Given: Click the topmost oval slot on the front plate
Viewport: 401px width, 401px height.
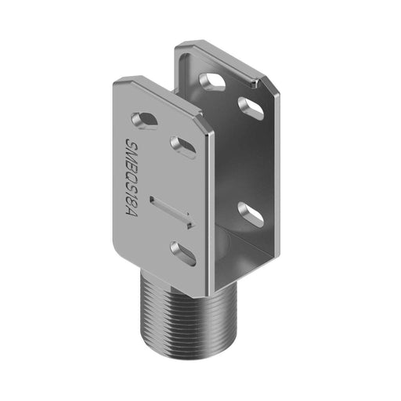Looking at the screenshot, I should click(x=144, y=119).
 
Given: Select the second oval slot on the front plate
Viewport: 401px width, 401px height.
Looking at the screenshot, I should click(x=182, y=146).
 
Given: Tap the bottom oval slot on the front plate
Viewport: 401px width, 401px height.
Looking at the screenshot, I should click(x=183, y=252).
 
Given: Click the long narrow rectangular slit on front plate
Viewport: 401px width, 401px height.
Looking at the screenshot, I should click(x=168, y=211).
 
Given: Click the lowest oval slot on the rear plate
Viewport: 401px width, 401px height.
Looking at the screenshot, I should click(x=251, y=213).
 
